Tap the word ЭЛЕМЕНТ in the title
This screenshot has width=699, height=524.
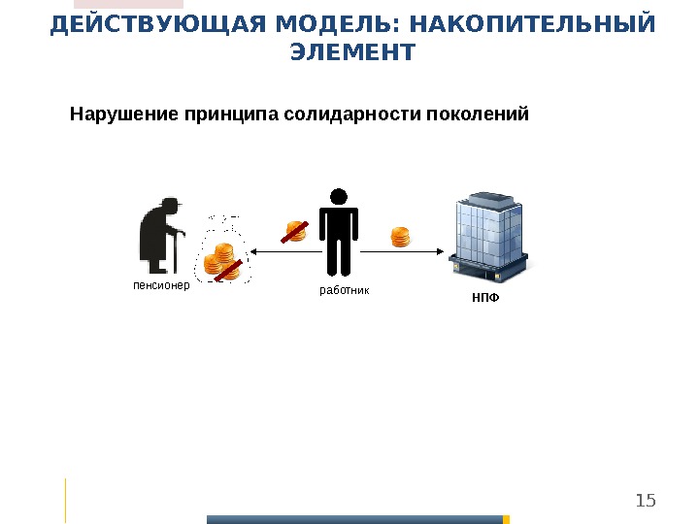(352, 52)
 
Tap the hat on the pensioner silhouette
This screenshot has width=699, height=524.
(170, 204)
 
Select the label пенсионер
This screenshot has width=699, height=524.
(161, 287)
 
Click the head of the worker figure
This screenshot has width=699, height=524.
(339, 197)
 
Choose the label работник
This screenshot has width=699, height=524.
(345, 290)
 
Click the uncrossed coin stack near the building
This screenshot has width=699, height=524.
(401, 237)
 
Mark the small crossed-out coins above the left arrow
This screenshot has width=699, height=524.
(295, 231)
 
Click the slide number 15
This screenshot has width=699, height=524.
(646, 501)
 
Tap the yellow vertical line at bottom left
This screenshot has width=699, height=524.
(66, 500)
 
